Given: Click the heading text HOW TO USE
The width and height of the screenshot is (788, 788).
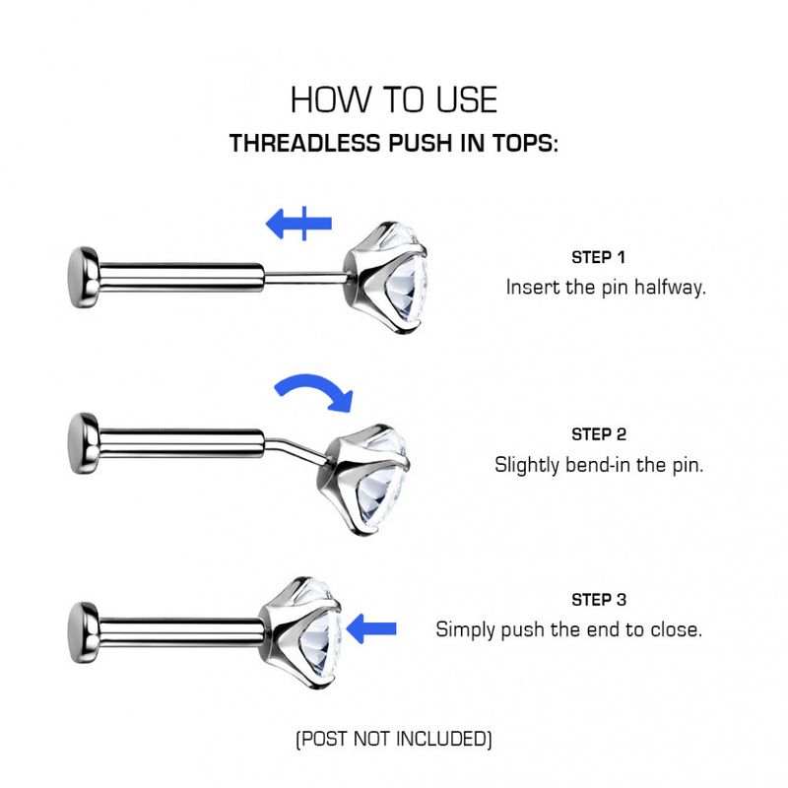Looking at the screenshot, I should pos(394,99).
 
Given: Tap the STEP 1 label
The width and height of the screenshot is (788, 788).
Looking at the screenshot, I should pos(598,258).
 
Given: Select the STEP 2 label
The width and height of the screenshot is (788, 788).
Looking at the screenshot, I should pos(598,434).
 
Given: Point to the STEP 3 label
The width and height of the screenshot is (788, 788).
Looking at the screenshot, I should pos(598,600).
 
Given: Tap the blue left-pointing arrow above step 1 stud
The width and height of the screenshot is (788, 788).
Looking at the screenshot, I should pos(299,224).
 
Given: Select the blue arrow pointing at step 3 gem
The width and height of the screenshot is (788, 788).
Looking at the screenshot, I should pos(373,627).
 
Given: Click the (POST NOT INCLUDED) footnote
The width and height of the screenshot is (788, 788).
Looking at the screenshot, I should pos(394,738).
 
